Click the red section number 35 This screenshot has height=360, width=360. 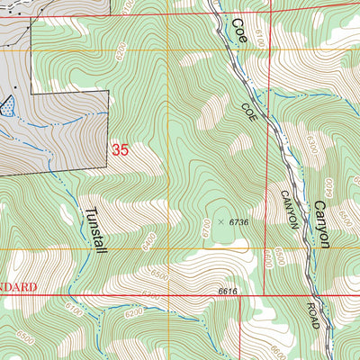coord(121,150)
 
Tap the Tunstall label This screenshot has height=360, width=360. coord(95,230)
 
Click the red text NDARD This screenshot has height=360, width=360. coord(18,287)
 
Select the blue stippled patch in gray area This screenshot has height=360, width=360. coord(7,105)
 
